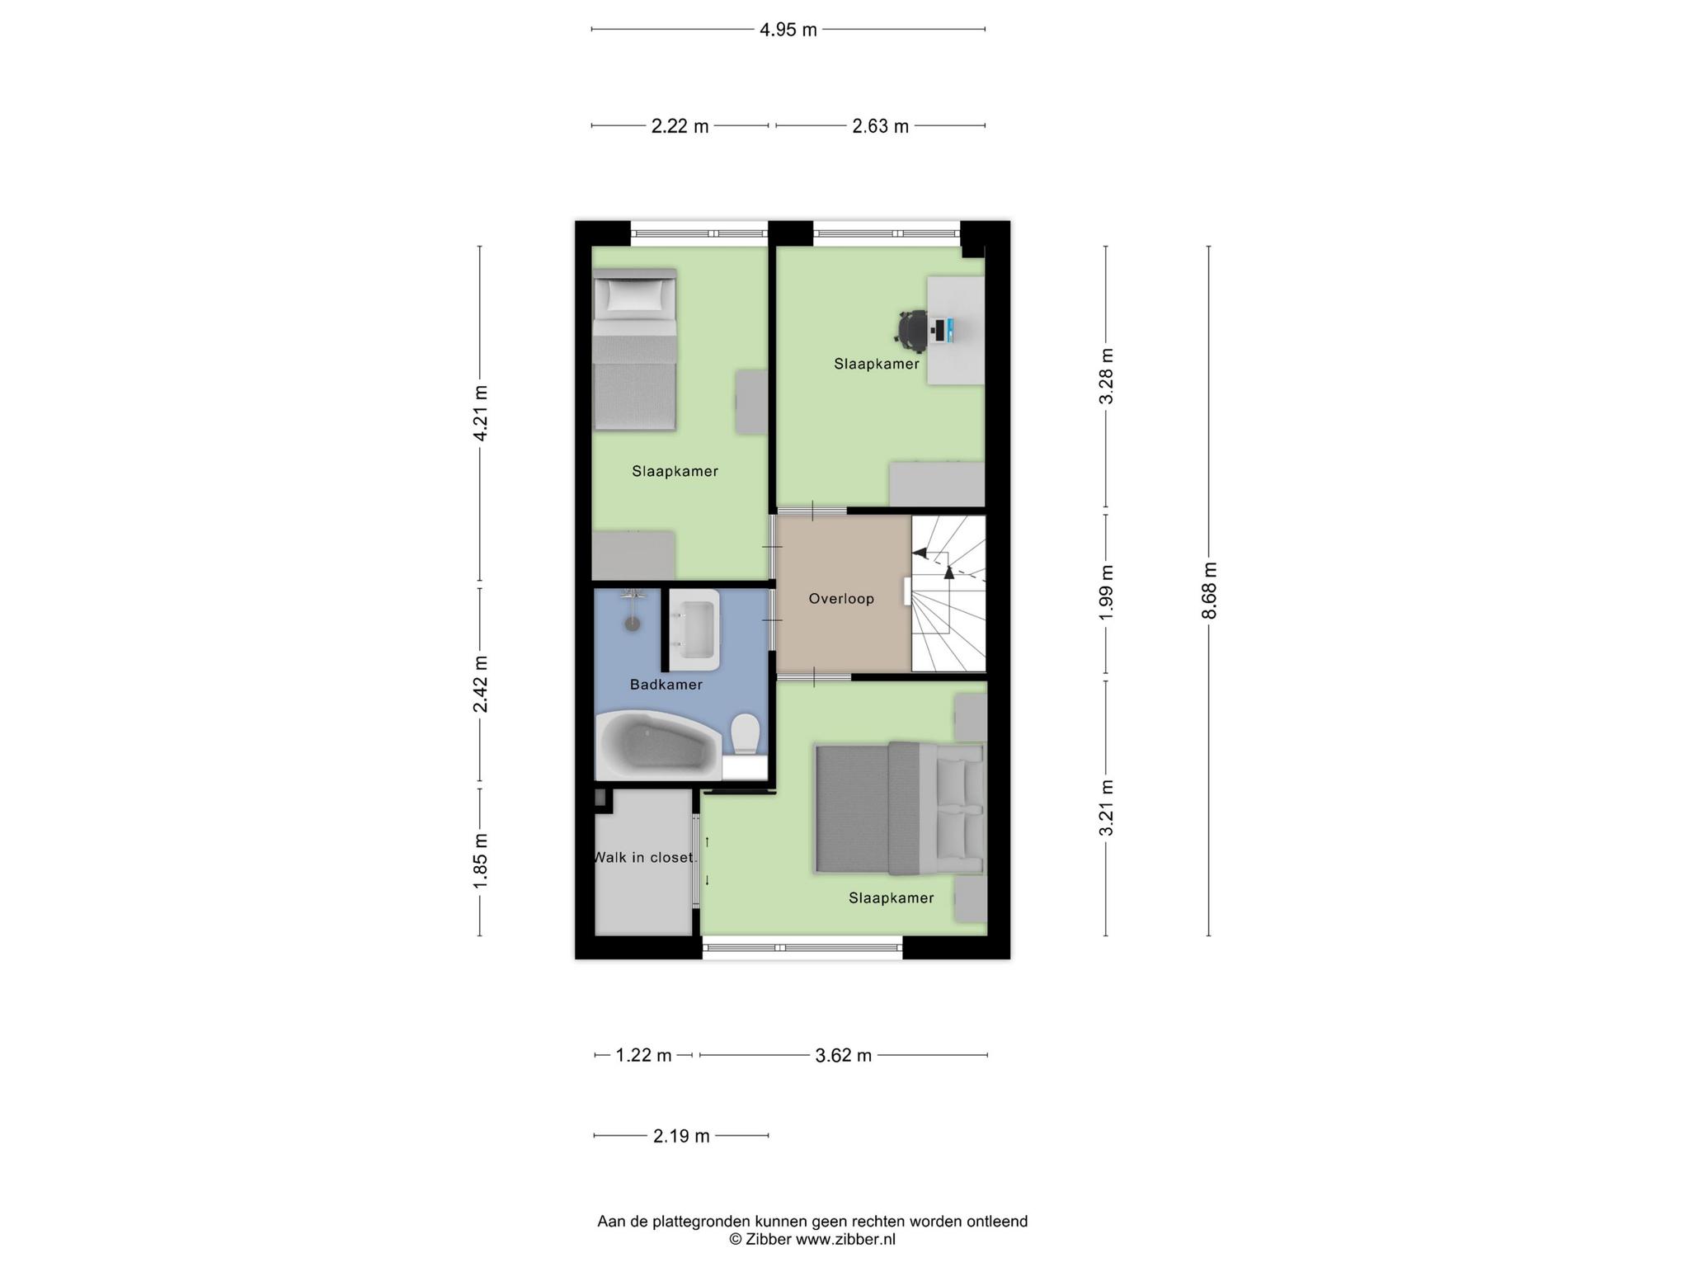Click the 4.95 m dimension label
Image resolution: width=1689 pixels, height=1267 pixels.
pos(788,31)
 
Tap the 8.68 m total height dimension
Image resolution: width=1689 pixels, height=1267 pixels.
pos(1209,591)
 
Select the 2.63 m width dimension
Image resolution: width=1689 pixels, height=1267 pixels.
pos(880,126)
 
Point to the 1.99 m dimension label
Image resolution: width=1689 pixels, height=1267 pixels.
pos(1107,593)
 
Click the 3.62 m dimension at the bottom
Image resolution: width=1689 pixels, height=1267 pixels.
pos(843,1055)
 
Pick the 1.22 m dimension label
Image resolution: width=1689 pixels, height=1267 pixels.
pos(644,1055)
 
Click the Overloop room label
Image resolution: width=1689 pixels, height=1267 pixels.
pos(841,599)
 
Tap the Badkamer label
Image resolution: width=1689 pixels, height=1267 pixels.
pos(666,685)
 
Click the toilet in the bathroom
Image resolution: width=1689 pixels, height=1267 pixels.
pos(746,734)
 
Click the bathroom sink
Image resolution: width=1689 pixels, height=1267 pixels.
pos(694,629)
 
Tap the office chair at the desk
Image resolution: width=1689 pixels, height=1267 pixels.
pos(912,331)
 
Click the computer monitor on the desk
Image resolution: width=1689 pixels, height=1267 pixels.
pos(949,331)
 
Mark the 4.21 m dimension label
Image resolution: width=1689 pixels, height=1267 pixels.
pos(480,413)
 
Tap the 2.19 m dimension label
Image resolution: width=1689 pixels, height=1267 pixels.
pos(681,1136)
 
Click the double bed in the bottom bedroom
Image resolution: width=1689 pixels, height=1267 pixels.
pos(900,808)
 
